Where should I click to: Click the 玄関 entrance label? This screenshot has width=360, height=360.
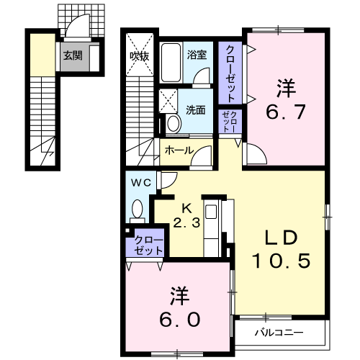(x=73, y=56)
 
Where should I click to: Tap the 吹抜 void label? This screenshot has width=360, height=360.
(x=140, y=56)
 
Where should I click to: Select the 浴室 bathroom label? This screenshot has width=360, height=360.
(x=197, y=55)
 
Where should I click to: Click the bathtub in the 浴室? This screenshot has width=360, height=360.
(x=171, y=63)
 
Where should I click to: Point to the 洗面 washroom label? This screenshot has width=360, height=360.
(x=196, y=110)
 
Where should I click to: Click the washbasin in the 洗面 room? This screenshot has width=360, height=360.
(x=174, y=123)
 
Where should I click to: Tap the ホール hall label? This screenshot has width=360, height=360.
(x=179, y=150)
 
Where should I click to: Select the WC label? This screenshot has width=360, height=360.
(x=141, y=183)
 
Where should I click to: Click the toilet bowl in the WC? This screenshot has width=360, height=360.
(x=138, y=209)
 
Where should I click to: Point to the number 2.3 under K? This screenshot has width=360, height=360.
(x=186, y=223)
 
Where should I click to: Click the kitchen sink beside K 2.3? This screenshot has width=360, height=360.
(x=211, y=212)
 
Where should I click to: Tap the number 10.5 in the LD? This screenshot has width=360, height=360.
(x=281, y=261)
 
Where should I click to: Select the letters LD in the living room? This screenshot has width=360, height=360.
(x=281, y=238)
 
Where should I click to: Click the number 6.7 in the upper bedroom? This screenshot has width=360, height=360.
(x=286, y=112)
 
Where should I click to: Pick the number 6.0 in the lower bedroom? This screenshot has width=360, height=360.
(x=180, y=320)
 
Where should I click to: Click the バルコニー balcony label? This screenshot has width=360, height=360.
(x=279, y=333)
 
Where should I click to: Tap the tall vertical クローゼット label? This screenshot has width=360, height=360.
(x=230, y=73)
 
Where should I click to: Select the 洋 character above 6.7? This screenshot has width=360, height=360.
(x=286, y=89)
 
